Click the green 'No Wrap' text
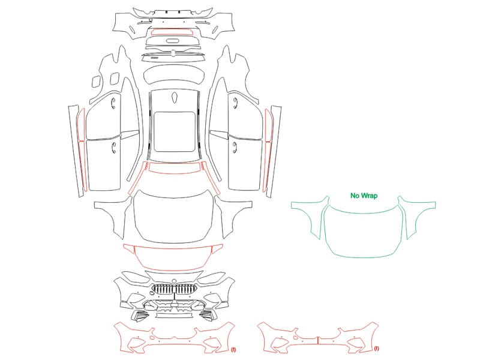364,196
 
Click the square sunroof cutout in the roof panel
175,112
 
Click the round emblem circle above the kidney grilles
174,281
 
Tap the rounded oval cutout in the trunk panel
173,41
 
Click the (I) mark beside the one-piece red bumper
233,349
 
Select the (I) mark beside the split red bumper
376,349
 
